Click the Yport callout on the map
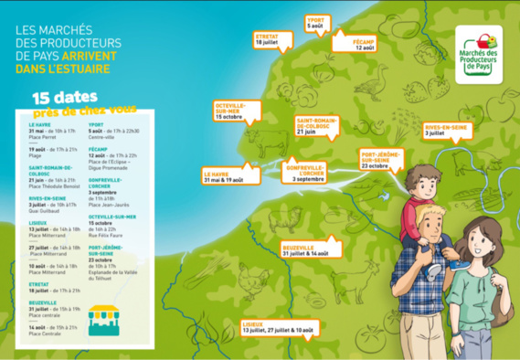(x=315, y=24)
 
